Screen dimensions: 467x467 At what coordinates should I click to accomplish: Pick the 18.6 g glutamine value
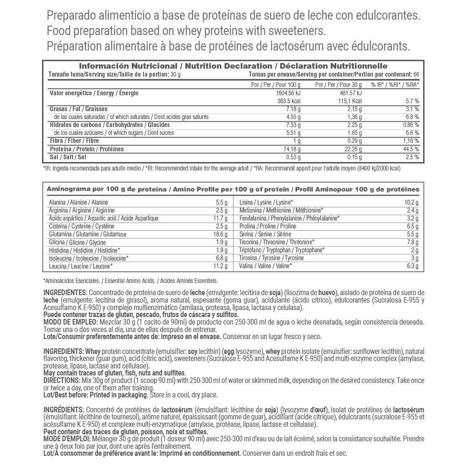219,234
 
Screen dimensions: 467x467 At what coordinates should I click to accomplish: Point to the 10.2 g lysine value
411,202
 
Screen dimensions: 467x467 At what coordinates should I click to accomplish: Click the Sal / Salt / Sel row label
68,157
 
